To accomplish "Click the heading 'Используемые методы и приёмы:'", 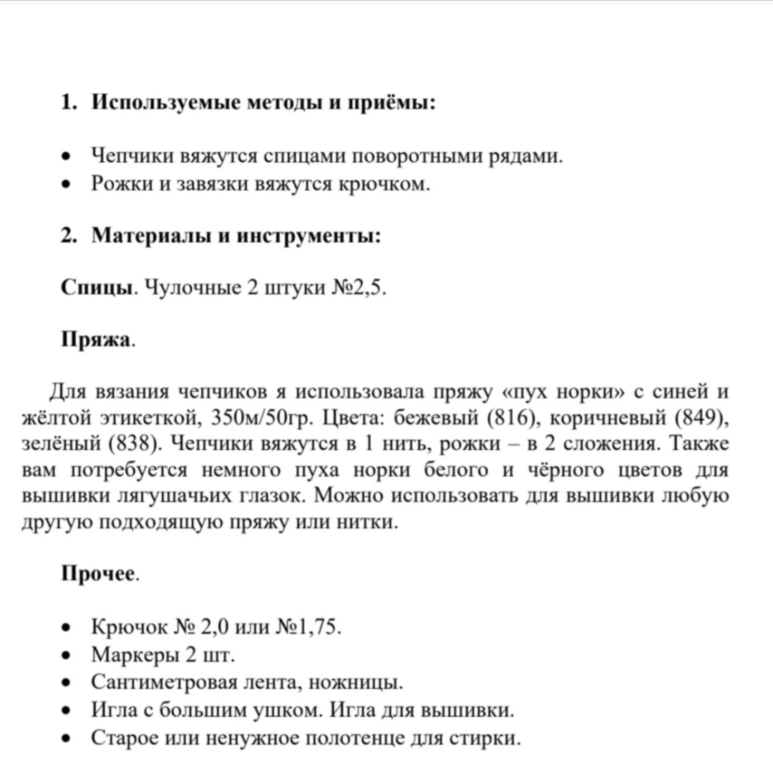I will click(x=263, y=103).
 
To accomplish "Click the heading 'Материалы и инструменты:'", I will click(x=236, y=236).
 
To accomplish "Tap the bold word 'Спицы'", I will click(x=97, y=288).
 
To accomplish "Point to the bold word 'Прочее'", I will click(x=98, y=574).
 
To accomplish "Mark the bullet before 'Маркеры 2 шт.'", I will click(x=67, y=656).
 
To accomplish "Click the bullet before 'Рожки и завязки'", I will click(x=67, y=185).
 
